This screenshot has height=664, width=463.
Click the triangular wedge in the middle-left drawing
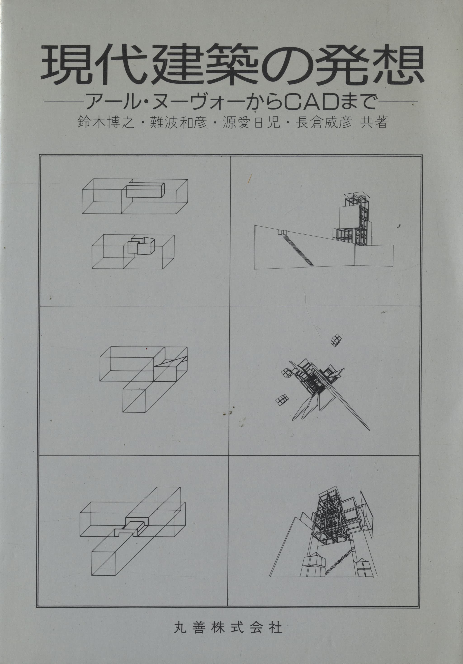(x=171, y=361)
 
